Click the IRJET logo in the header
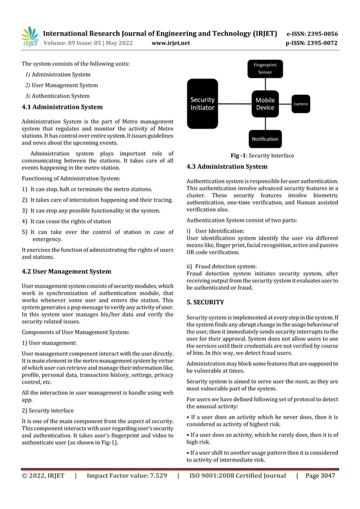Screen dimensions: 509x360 (30, 37)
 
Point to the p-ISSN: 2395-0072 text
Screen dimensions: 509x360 (312, 42)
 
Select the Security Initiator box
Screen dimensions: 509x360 (205, 103)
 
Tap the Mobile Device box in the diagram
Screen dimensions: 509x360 (265, 103)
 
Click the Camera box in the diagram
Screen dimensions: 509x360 (301, 104)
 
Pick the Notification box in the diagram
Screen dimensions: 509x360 (265, 139)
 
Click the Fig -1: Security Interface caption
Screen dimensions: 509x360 (262, 156)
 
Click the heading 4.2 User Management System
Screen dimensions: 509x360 (66, 271)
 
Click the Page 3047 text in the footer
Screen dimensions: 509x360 (320, 475)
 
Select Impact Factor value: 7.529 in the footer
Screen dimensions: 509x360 (127, 475)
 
